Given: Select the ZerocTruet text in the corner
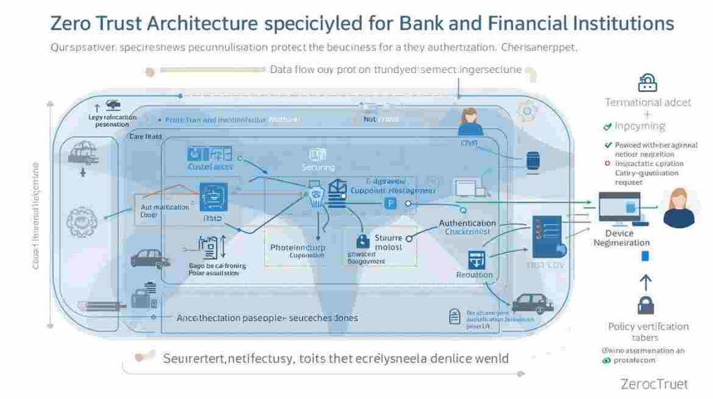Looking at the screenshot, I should coord(653,384).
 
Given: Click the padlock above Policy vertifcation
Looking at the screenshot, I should coord(645,305).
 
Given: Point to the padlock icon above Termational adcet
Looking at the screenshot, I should coord(648,84).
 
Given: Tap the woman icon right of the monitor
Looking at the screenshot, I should coord(678,208).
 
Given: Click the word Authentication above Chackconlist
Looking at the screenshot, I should coord(467,223).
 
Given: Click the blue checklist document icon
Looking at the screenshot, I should coord(547,234).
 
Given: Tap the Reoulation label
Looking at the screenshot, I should coord(475,275).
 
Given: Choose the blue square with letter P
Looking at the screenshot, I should coord(391,203).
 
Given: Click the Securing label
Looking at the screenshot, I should coord(318,167).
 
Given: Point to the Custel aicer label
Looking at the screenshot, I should coord(210,166).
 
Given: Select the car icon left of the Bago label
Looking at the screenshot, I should coord(150,258).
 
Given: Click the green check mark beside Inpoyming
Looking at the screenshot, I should coord(607,127).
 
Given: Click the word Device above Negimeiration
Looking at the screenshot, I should coord(619,233).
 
